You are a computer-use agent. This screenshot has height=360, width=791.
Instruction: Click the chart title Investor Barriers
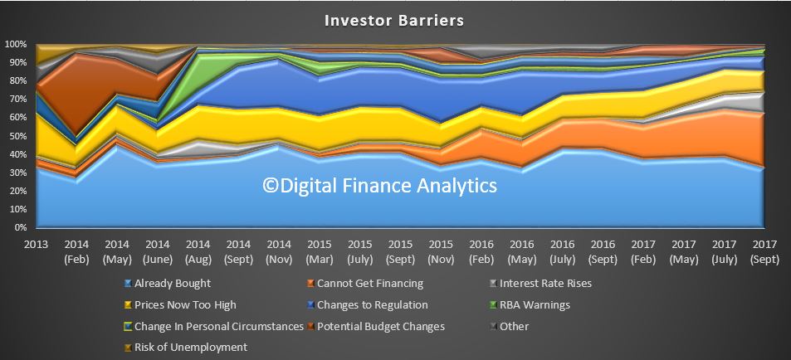click(x=394, y=21)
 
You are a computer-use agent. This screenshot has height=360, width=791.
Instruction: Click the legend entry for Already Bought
click(x=167, y=284)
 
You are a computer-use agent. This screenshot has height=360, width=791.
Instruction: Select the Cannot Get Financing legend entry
click(x=365, y=284)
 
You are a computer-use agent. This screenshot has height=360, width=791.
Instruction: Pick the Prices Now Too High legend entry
click(x=179, y=305)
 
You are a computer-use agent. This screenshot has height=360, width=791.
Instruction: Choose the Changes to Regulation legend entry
click(x=368, y=305)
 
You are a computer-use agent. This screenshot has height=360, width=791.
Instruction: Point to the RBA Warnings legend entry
click(x=530, y=305)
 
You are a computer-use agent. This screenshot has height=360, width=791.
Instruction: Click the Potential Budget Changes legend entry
click(x=376, y=326)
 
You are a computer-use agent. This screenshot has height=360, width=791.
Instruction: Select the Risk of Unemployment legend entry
click(x=186, y=348)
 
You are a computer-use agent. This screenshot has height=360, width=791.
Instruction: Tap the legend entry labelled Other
click(x=510, y=326)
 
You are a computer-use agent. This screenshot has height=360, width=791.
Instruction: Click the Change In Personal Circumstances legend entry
click(x=213, y=326)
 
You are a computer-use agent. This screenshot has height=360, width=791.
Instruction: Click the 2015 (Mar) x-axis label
click(x=320, y=251)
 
